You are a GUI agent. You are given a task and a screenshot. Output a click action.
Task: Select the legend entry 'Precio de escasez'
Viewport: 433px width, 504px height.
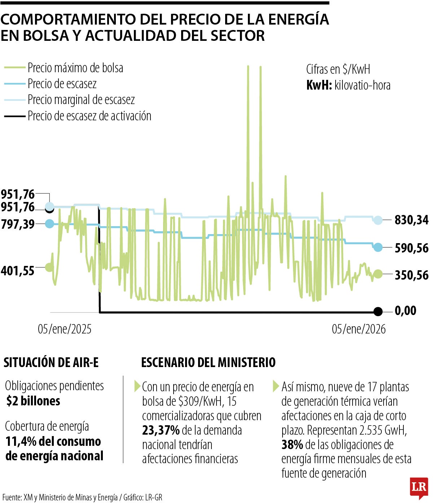[62, 84]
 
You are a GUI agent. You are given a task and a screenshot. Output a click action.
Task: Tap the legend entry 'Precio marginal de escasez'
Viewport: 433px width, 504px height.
[81, 100]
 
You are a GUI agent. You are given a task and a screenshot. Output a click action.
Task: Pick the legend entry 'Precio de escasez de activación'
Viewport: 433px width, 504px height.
[89, 116]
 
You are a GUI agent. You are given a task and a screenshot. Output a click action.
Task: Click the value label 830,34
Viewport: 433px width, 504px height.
[411, 220]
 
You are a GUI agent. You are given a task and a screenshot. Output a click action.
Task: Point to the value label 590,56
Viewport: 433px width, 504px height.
[411, 248]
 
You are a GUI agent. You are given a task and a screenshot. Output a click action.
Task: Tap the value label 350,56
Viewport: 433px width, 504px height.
[411, 275]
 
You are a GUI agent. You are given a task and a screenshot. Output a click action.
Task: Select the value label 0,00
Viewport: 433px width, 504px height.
[406, 311]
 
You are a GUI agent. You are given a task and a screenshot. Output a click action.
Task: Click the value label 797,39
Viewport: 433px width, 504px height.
[18, 224]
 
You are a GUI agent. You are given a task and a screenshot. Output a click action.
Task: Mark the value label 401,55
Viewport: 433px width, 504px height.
[18, 271]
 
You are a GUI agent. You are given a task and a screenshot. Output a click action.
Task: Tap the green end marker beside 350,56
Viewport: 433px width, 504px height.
[378, 274]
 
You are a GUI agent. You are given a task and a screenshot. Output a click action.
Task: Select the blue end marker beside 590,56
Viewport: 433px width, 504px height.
[378, 247]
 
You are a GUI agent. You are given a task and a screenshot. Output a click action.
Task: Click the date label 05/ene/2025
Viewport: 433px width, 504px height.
[65, 329]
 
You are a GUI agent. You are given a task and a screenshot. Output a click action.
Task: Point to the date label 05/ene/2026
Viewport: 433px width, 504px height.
[359, 329]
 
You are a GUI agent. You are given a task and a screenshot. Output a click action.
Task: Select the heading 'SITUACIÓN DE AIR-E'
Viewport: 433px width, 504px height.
[51, 362]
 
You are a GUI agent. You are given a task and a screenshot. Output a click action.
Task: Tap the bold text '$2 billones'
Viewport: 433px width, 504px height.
[33, 401]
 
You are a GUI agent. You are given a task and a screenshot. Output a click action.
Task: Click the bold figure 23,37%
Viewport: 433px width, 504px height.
[161, 430]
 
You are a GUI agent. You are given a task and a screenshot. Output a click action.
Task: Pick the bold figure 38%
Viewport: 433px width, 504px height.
[292, 445]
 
